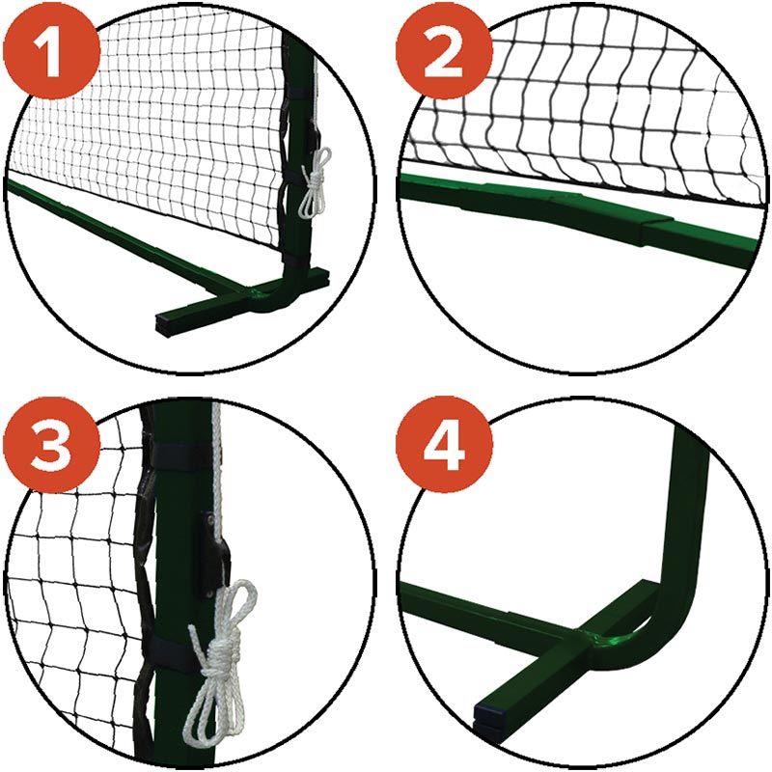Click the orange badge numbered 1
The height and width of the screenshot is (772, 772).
(51, 51)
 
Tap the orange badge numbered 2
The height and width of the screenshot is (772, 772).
(444, 51)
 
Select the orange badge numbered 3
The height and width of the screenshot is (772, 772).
(51, 446)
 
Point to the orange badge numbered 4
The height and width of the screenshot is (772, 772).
(444, 446)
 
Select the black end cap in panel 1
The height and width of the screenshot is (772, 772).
(163, 325)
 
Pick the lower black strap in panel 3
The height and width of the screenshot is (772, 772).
(173, 652)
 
